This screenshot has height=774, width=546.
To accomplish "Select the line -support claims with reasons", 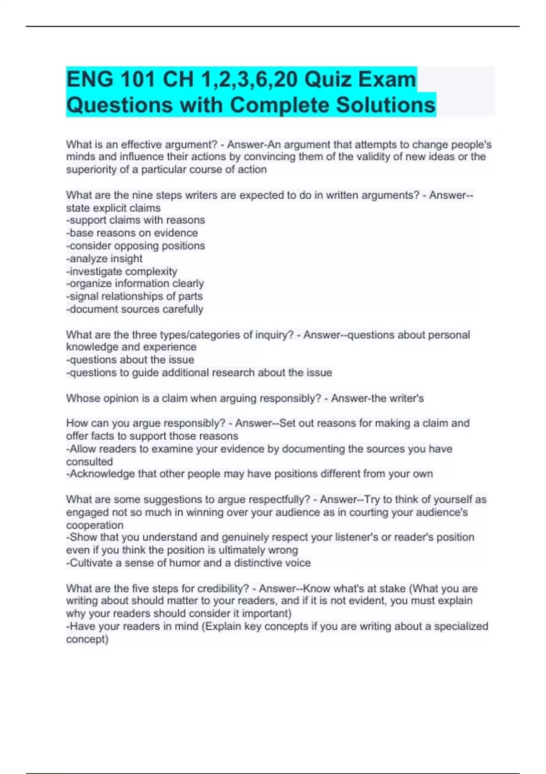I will point(136,220).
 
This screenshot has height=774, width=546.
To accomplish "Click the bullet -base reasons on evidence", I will point(132,233).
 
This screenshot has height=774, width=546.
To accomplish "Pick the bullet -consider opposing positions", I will point(136,246).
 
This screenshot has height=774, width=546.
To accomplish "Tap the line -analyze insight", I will point(104,259).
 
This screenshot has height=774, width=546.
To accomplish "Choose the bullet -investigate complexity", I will point(121,271).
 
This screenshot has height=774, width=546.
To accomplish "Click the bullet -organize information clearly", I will point(135,284).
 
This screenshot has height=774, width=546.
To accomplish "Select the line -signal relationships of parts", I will point(134,296).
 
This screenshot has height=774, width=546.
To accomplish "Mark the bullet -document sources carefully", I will point(135,309).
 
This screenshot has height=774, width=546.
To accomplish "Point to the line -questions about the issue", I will point(130,360).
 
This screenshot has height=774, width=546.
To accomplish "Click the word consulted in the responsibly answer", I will point(89,462).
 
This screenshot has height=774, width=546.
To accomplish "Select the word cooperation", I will point(95,525).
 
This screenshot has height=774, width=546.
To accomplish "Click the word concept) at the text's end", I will point(87,639).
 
